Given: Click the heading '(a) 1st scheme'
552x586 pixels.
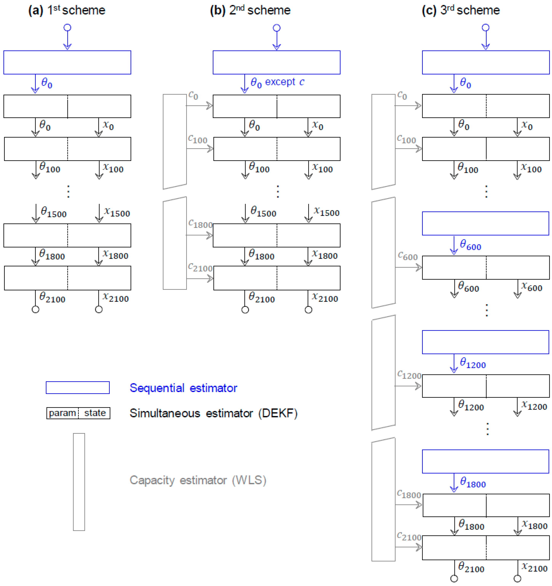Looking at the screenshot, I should (66, 10).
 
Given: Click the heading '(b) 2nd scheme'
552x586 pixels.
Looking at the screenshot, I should (250, 10).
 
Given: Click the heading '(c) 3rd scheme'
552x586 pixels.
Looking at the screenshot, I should (461, 10).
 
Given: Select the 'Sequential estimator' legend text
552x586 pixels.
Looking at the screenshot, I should (183, 388).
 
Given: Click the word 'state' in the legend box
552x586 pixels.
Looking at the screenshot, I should (95, 413).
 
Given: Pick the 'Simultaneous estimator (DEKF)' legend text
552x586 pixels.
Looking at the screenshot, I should (213, 413).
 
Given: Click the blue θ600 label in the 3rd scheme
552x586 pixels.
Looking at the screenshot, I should (470, 245).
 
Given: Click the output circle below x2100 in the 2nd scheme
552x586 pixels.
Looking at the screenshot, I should (308, 310).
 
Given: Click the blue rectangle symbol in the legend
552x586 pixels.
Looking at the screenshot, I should (78, 388).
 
